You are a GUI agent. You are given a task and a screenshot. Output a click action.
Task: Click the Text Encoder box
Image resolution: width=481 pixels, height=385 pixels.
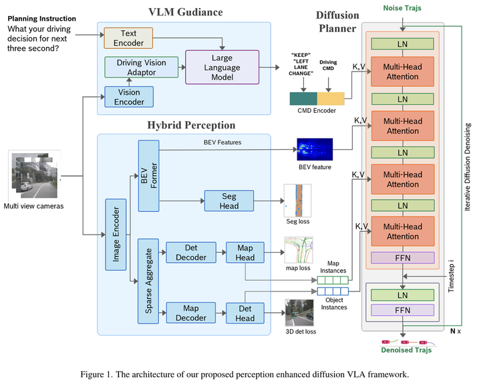point(128,38)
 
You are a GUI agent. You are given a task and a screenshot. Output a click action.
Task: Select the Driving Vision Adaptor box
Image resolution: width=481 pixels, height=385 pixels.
point(141,67)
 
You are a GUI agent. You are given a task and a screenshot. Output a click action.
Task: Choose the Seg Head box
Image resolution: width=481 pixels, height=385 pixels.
point(229,200)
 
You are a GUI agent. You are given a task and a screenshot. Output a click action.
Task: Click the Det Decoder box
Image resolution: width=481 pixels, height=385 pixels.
point(190,252)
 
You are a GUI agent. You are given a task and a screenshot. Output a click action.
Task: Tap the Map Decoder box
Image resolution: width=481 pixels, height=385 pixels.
point(190,313)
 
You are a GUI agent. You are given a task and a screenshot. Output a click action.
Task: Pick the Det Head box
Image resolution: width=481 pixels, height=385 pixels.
point(245,313)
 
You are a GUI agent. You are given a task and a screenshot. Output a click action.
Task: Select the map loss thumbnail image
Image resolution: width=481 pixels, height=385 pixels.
point(298,250)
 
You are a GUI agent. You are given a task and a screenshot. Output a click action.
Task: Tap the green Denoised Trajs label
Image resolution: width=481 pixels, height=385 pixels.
point(406,350)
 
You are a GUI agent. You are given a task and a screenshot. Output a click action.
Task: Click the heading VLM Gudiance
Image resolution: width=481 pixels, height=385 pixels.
point(185,12)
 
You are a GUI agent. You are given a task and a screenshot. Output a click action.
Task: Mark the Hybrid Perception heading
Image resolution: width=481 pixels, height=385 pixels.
point(190,125)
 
